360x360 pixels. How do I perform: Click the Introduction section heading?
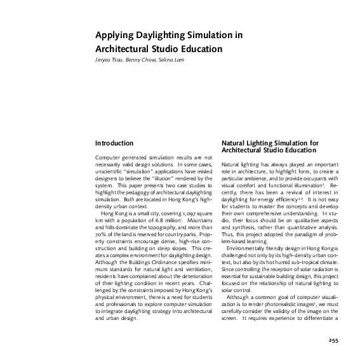pyautogui.click(x=114, y=143)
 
